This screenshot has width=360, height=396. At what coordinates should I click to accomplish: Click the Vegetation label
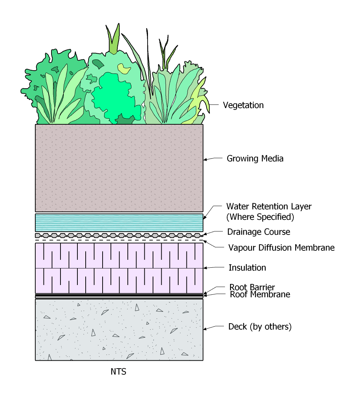click(243, 105)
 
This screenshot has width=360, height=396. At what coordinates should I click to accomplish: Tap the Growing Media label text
click(255, 159)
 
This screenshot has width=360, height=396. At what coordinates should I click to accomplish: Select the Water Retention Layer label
click(269, 206)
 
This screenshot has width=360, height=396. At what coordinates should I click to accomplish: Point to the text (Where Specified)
click(260, 217)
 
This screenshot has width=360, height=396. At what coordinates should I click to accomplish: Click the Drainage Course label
click(258, 232)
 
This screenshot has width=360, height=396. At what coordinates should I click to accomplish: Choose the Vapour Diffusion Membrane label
click(282, 248)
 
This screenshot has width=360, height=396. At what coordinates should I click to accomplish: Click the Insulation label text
click(247, 268)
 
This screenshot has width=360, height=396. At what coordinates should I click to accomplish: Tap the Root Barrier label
click(252, 287)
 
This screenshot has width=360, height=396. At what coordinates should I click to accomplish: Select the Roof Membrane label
click(260, 294)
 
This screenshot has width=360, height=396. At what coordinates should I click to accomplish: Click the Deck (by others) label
click(260, 327)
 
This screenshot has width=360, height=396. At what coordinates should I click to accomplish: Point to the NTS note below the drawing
click(118, 372)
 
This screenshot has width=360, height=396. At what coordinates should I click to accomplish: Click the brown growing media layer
click(119, 168)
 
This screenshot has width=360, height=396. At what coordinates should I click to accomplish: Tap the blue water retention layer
click(119, 223)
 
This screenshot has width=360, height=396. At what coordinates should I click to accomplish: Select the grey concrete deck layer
click(119, 330)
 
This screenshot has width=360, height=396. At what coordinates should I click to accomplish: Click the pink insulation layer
click(119, 268)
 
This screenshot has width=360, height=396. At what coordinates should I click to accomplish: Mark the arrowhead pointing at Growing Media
click(205, 160)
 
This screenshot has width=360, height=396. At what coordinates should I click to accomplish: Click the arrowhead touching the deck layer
click(205, 329)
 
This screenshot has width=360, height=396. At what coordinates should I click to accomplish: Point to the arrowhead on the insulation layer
click(205, 268)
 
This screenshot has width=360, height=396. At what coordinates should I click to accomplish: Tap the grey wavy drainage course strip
click(119, 236)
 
